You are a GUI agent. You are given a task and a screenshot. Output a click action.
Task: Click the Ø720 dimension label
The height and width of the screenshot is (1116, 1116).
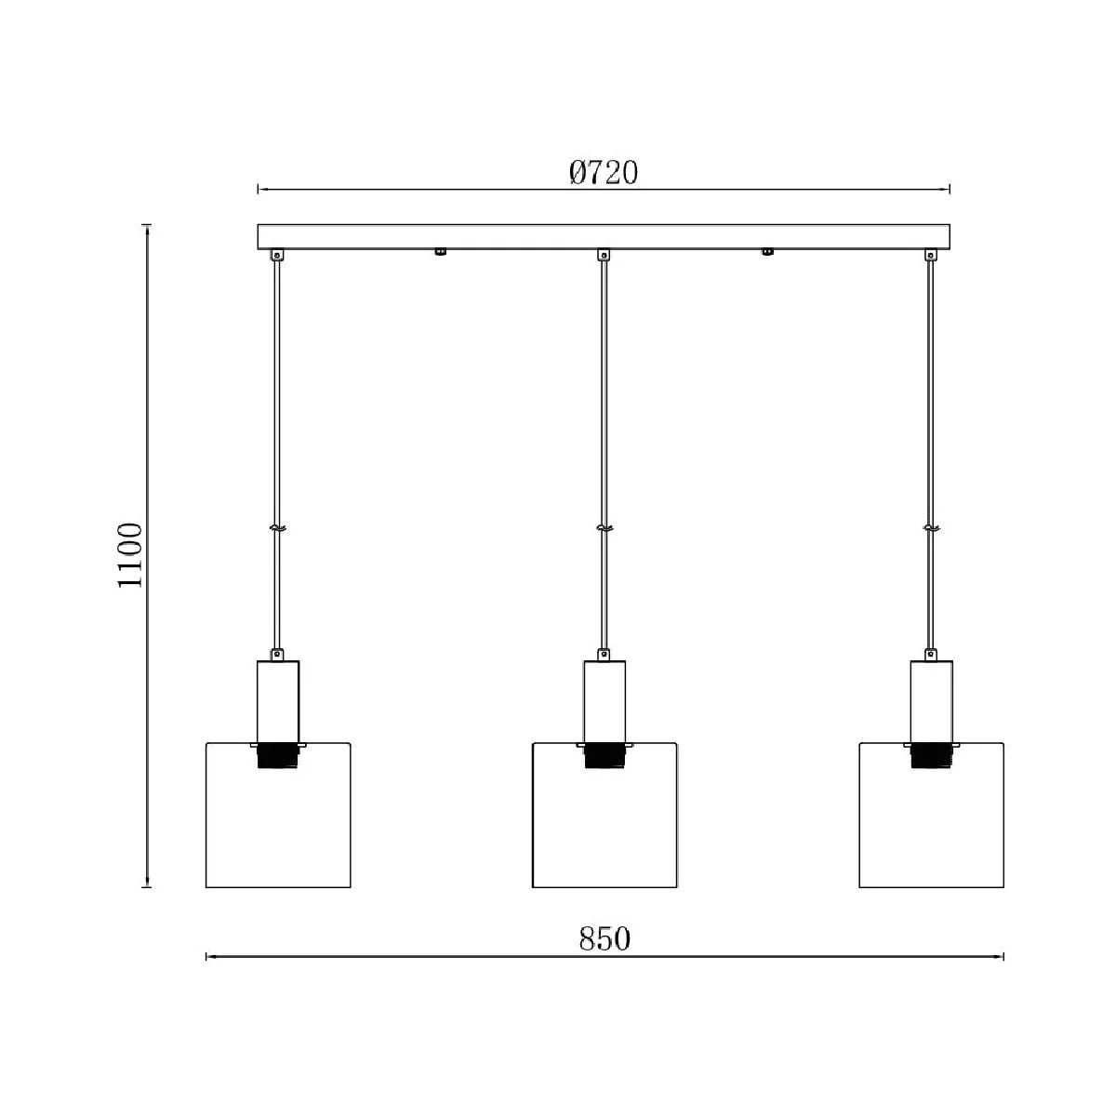pos(604,172)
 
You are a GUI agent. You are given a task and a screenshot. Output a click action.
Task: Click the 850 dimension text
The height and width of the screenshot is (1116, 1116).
pos(604,938)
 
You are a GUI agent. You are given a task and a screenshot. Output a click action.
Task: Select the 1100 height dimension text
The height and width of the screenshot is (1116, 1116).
pos(129,555)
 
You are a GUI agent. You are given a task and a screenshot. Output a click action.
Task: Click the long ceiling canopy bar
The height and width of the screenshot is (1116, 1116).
pos(604,237)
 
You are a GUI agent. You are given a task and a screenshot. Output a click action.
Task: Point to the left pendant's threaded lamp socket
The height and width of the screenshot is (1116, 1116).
pos(278,757)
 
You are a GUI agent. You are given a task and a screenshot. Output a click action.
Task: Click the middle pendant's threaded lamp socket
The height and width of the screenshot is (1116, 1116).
pos(604,757)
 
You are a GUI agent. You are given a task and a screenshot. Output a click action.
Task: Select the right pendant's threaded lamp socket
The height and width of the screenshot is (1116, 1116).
pos(931,757)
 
